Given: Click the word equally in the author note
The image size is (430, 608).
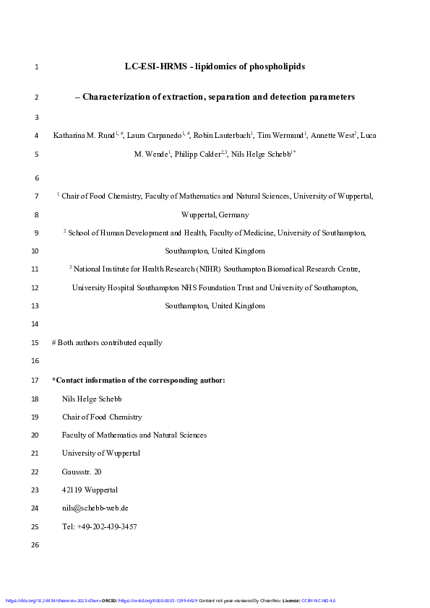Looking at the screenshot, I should click(148, 343).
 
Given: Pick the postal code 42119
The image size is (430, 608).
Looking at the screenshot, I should click(73, 490).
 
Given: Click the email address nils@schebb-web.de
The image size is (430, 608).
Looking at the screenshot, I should click(95, 508).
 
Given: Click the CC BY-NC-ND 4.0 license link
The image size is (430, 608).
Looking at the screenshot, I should click(319, 601).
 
